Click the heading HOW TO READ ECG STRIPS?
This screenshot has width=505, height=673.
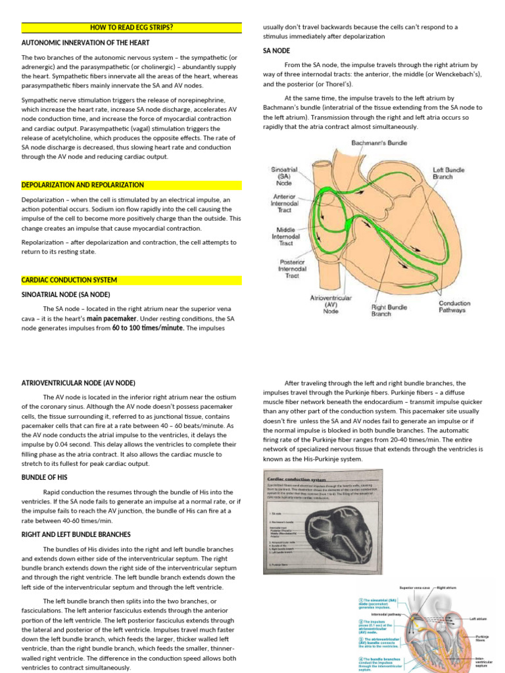132,27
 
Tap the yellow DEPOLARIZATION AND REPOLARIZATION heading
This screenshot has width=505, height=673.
83,185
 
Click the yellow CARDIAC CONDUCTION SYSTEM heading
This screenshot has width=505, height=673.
69,280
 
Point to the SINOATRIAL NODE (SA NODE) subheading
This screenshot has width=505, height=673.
66,294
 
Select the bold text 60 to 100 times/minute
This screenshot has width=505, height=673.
148,327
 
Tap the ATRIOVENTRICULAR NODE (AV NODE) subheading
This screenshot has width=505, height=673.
78,383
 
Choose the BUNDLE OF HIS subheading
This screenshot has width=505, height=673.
45,477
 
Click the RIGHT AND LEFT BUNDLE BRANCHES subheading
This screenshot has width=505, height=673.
76,534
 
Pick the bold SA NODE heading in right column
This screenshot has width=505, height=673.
277,51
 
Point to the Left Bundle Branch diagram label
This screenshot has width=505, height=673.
448,174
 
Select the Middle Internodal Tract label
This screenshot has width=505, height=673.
287,236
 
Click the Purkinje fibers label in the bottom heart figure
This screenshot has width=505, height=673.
485,638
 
